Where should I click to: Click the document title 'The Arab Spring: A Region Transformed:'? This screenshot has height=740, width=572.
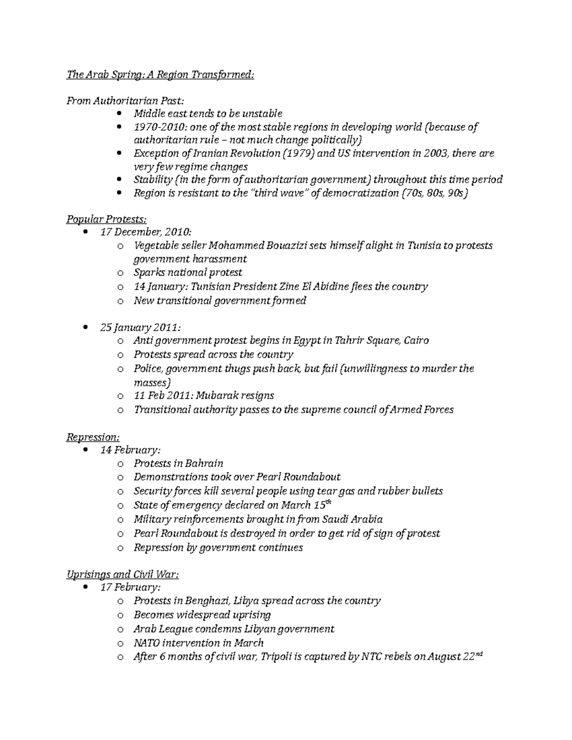coord(160,75)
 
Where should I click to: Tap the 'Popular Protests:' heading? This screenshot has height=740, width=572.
coord(106,219)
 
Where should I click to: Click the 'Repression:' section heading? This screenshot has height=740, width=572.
coord(93,437)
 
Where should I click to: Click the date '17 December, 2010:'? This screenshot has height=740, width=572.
coord(146,232)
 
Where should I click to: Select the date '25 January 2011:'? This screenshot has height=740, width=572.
coord(141,328)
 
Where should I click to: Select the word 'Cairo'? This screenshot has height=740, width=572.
coord(416,341)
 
